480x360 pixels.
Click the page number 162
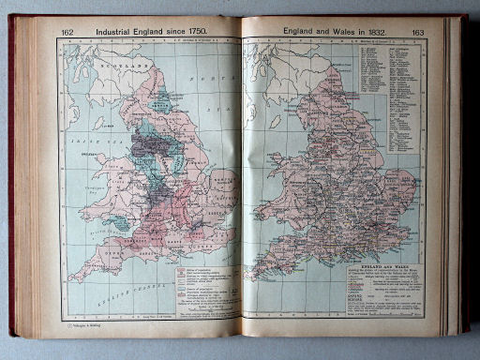[67, 31]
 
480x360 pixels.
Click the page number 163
[417, 32]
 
